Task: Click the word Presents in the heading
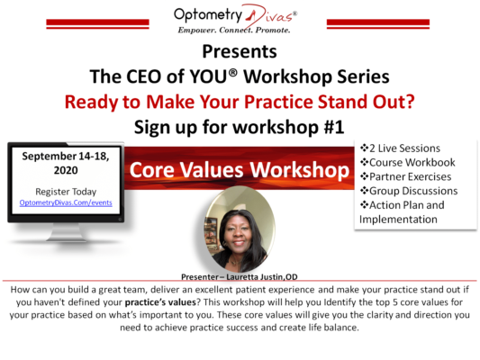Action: coord(240,51)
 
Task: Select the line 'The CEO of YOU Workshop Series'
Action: coord(240,75)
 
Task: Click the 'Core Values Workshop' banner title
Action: coord(238,170)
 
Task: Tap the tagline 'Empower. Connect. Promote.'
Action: coord(239,28)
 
